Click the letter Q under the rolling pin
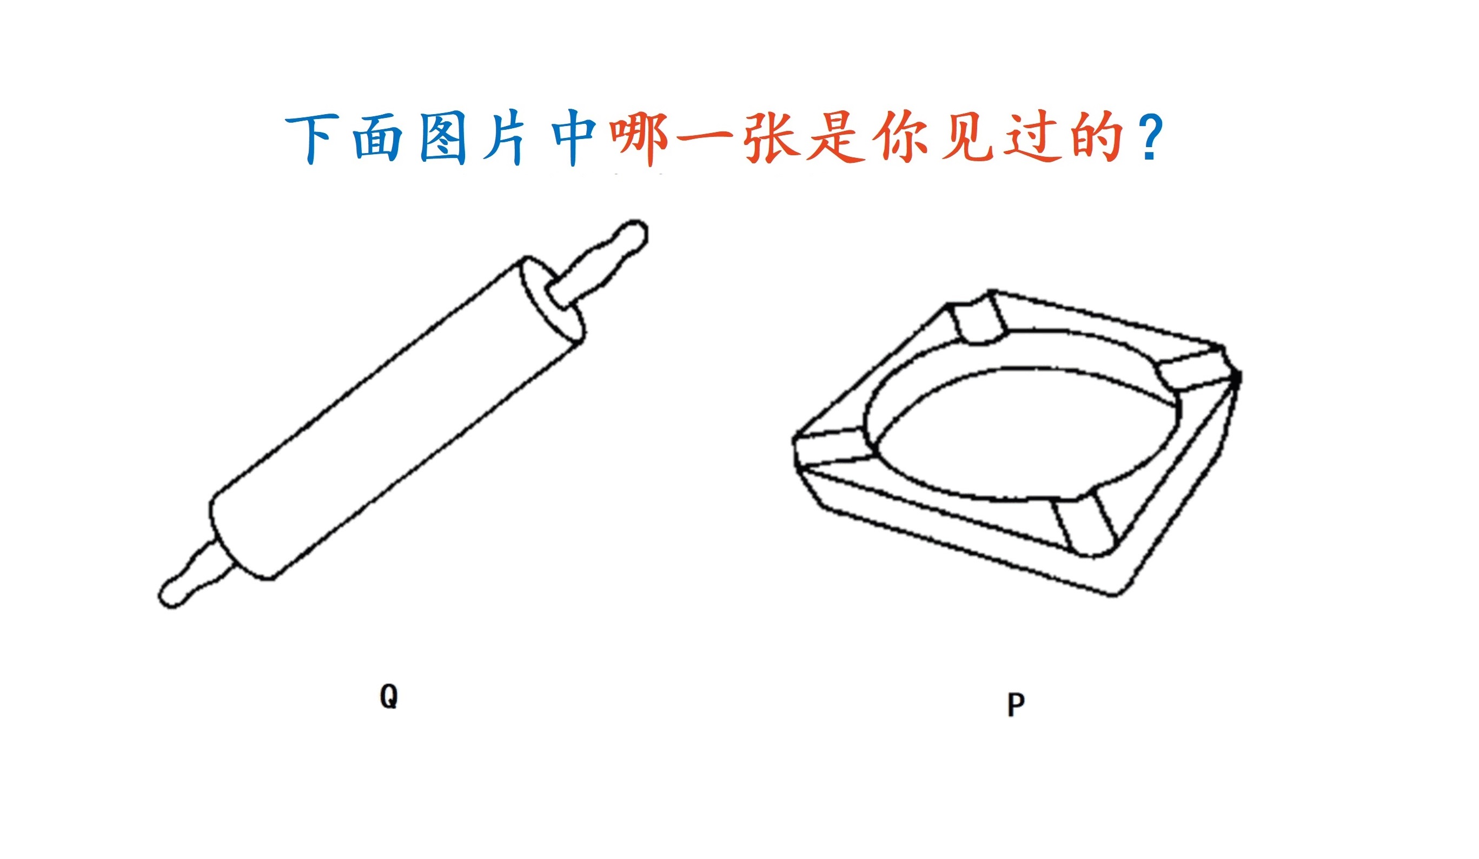tap(388, 696)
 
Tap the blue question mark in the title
tap(1153, 138)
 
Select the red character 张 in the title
tap(772, 138)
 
